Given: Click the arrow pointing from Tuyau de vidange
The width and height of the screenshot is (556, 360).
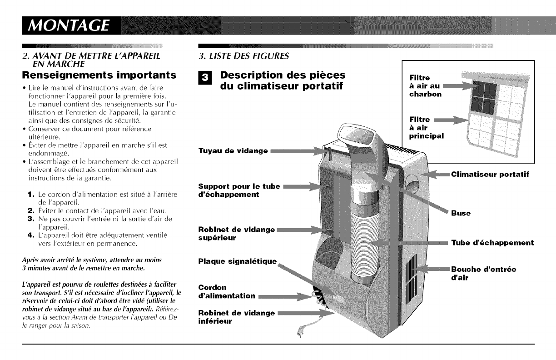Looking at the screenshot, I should [x=300, y=150].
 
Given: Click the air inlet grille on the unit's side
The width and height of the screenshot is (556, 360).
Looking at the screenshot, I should [x=411, y=270].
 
